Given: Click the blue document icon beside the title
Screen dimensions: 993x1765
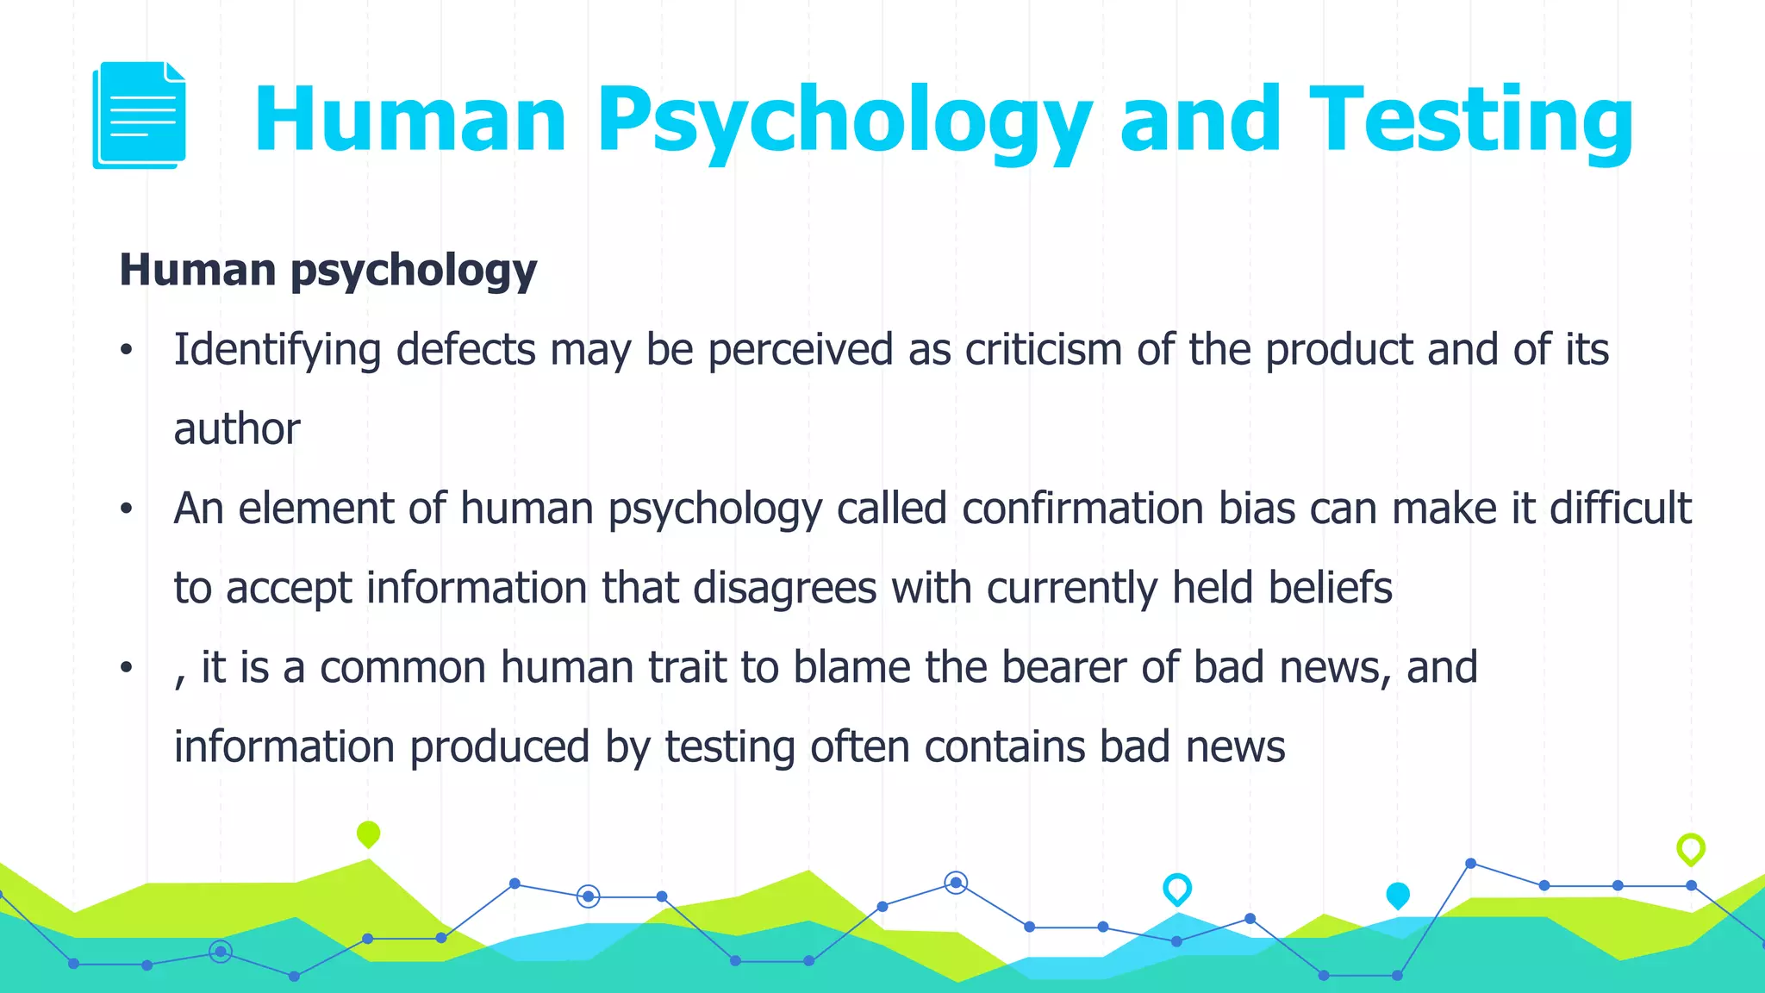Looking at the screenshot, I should [139, 116].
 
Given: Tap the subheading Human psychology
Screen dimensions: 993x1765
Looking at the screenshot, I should [327, 271].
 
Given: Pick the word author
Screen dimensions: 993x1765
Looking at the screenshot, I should [237, 429].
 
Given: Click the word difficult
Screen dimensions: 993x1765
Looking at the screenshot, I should [1620, 509].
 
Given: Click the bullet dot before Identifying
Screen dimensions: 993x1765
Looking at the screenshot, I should [127, 350].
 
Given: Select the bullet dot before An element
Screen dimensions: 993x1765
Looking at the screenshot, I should [127, 509].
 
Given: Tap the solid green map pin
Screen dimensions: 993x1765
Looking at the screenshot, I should [368, 834].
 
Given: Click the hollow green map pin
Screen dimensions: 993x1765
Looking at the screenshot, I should [1691, 849].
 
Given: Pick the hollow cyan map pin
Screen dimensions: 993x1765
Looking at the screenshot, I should [1177, 889].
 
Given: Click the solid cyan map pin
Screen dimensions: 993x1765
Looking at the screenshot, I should [1398, 896].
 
